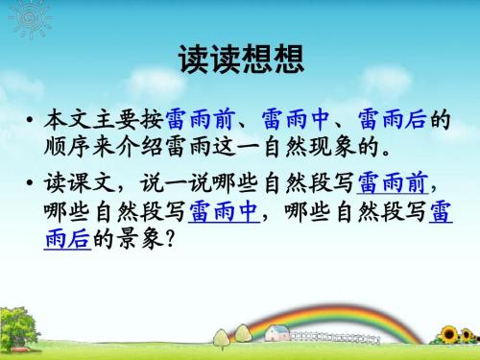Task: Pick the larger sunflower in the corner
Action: click(447, 334)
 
